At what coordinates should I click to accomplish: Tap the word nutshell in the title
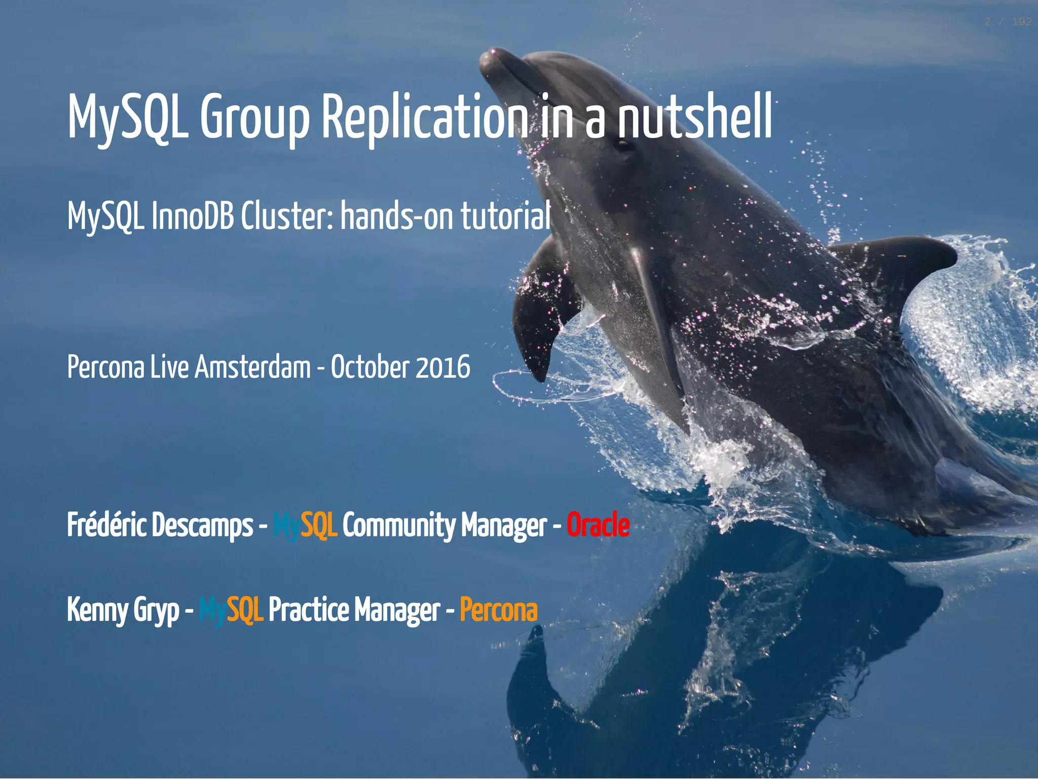click(x=694, y=118)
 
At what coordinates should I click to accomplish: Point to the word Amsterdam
click(x=252, y=367)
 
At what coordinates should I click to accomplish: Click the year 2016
click(x=442, y=367)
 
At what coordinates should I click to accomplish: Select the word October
click(x=370, y=367)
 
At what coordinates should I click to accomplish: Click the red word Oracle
click(x=598, y=525)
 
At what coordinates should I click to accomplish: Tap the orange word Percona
click(x=499, y=610)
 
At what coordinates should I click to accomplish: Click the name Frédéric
click(x=107, y=525)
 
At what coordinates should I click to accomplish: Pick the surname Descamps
click(x=202, y=525)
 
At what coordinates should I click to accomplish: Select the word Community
click(x=399, y=525)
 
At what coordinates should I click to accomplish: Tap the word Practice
click(x=309, y=610)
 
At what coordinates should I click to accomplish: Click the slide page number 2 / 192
click(x=1008, y=22)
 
